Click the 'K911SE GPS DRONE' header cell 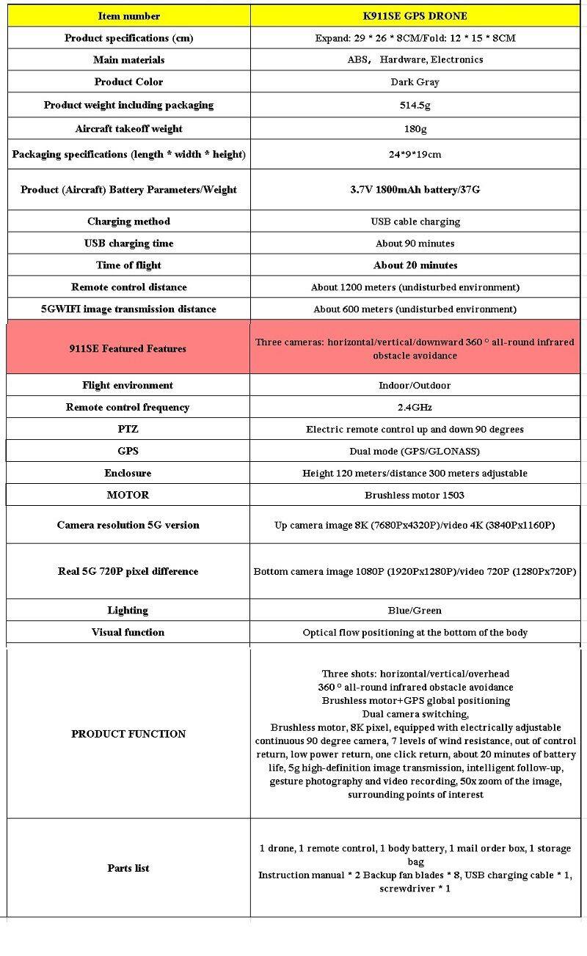[415, 15]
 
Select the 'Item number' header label [128, 15]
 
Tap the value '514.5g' [415, 105]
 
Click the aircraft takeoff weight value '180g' [415, 128]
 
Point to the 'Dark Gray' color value [415, 81]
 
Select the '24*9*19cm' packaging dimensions [415, 154]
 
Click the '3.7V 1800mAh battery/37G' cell [415, 189]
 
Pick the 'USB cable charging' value [415, 221]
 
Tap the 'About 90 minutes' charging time [415, 243]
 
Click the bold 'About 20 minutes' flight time [415, 265]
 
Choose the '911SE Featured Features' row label [128, 348]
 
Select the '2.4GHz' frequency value [415, 407]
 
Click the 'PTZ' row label [128, 429]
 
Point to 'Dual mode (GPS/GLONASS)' [415, 451]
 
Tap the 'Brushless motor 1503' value [415, 495]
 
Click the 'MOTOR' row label [128, 495]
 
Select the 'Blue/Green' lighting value [415, 610]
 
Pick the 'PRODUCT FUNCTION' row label [128, 734]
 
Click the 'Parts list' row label [128, 868]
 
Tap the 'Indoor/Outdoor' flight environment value [415, 385]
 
